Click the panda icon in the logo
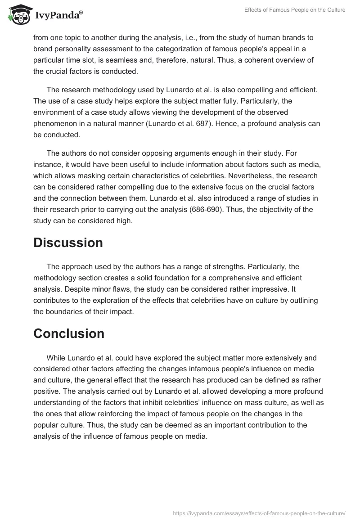[18, 15]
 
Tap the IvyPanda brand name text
[58, 16]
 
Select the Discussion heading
[68, 243]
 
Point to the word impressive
[252, 288]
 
